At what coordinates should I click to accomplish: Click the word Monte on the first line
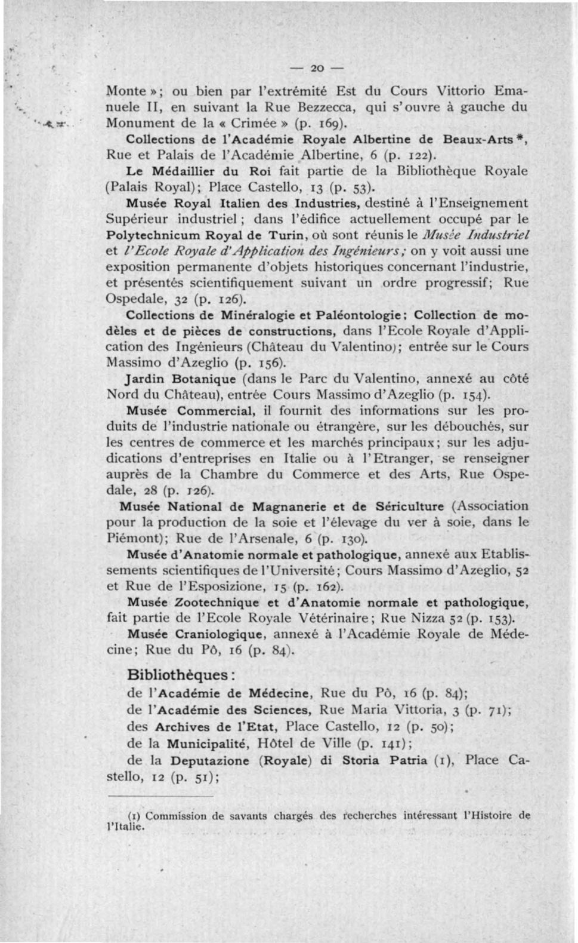125,92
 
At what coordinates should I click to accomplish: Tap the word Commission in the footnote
177,815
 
